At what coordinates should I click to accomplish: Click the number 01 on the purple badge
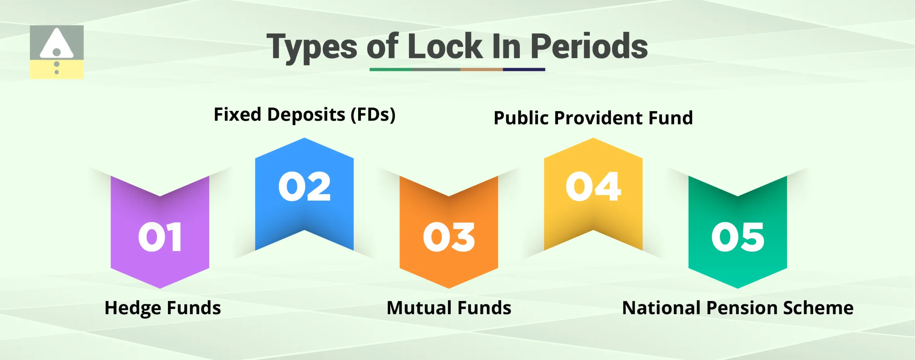[160, 237]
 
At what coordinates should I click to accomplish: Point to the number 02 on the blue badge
[304, 186]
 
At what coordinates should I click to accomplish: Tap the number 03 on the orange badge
[449, 237]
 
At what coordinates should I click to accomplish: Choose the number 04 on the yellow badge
[593, 186]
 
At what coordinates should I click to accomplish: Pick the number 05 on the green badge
[737, 237]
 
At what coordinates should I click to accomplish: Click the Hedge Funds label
[163, 308]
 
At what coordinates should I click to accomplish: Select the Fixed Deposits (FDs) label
[305, 115]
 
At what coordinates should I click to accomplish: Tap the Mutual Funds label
[449, 308]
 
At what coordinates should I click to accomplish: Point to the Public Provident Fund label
[593, 118]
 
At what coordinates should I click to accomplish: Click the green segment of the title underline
[391, 69]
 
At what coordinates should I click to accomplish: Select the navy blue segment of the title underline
[524, 69]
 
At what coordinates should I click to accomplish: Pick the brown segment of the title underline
[481, 69]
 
